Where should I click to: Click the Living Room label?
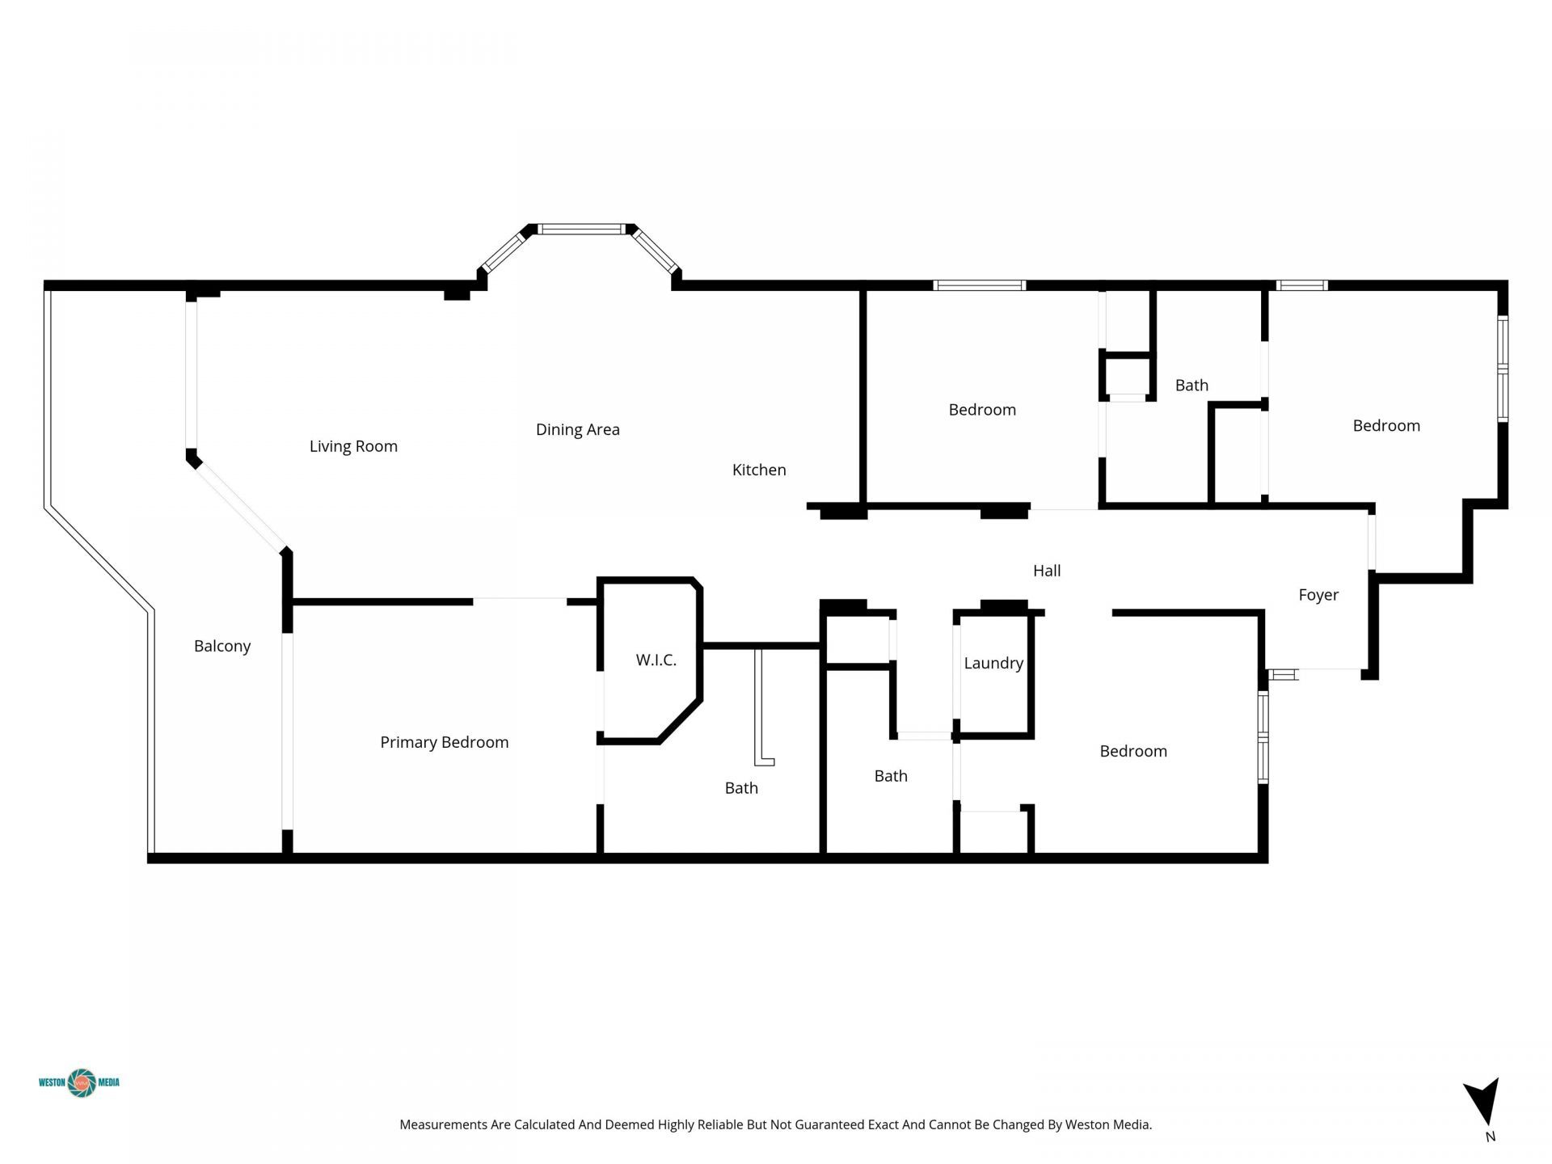[x=353, y=446]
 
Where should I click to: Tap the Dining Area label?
[x=577, y=430]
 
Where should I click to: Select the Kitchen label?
[x=758, y=470]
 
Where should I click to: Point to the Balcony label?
[x=222, y=646]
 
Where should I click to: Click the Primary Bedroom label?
[x=444, y=742]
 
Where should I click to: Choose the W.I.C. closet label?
[x=656, y=660]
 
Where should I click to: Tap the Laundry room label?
[x=993, y=663]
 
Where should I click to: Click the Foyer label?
[x=1318, y=595]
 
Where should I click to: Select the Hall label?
[x=1047, y=571]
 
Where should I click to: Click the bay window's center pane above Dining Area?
[x=582, y=230]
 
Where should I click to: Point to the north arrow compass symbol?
[x=1483, y=1101]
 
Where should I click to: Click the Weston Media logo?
[x=80, y=1082]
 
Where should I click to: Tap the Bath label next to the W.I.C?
[x=741, y=788]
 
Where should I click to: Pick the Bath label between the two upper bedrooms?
[x=1191, y=386]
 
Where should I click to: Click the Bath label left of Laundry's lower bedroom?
[x=891, y=776]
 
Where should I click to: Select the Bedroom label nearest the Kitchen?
[x=982, y=410]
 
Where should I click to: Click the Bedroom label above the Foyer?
[x=1386, y=426]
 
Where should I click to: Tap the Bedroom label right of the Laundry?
[x=1133, y=751]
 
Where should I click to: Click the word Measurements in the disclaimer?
[x=443, y=1124]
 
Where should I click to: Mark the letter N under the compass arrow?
[x=1491, y=1137]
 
